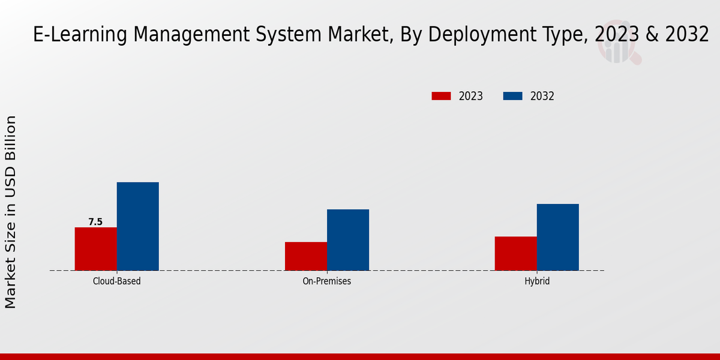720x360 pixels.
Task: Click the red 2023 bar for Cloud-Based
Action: (x=96, y=249)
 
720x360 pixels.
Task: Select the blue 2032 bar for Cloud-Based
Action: (x=138, y=226)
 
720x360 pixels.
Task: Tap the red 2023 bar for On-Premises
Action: (x=306, y=256)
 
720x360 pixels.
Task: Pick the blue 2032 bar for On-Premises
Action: (x=348, y=240)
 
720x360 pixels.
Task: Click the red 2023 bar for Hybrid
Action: (x=516, y=253)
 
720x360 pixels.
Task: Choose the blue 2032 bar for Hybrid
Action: (x=558, y=237)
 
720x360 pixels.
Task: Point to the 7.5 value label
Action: (x=95, y=222)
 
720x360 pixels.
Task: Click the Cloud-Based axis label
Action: (x=117, y=281)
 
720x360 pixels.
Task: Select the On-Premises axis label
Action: (x=327, y=281)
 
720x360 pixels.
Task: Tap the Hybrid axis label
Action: (x=537, y=281)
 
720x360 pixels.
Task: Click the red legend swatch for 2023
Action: (x=441, y=96)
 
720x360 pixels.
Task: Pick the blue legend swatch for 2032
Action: (x=512, y=96)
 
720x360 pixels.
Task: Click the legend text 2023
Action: (x=471, y=96)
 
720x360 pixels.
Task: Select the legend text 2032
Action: (x=542, y=96)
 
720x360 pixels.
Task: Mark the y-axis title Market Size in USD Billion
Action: (x=11, y=212)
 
